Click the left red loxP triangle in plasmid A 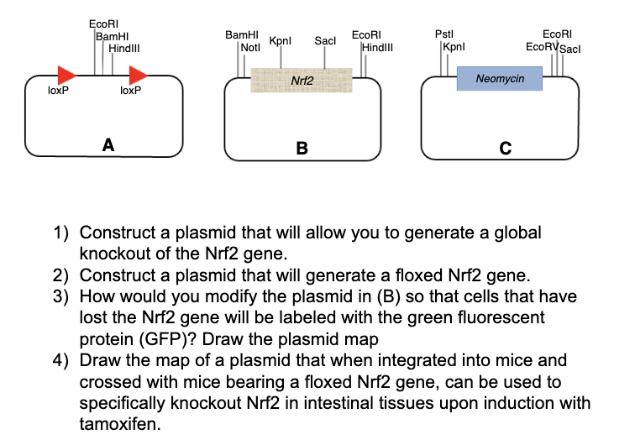point(66,75)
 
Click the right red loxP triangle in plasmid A point(139,75)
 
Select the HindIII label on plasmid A point(126,47)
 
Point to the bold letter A point(108,144)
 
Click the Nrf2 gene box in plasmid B point(302,81)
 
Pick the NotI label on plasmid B point(250,48)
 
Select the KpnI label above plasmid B point(280,41)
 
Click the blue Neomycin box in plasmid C point(499,78)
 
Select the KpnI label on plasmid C point(454,46)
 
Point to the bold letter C point(505,149)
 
